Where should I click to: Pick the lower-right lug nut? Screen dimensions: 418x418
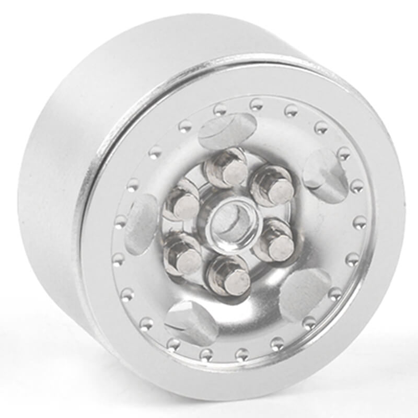click(x=275, y=242)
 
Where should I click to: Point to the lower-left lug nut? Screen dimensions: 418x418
click(x=183, y=256)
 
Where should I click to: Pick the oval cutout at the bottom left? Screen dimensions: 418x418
click(x=191, y=321)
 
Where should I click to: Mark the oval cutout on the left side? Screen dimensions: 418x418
click(x=140, y=225)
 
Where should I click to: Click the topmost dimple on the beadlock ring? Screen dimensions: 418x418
click(x=256, y=104)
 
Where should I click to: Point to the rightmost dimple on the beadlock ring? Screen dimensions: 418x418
click(x=360, y=222)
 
